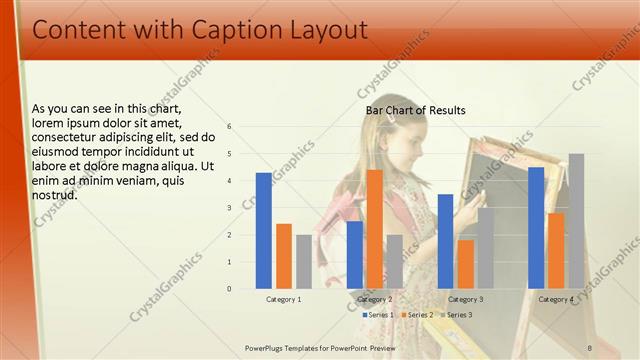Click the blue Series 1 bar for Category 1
[264, 231]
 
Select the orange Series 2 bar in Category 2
[375, 229]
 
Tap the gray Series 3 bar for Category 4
[576, 221]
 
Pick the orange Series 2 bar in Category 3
[465, 264]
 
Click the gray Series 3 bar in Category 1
[304, 261]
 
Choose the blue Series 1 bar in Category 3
[445, 241]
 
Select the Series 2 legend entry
[419, 315]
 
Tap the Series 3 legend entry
[457, 315]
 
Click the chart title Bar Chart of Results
[415, 110]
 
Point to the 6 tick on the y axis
[230, 127]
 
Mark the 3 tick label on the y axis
[230, 208]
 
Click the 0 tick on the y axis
[230, 289]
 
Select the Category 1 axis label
[284, 299]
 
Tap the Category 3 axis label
[465, 299]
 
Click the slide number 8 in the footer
[590, 347]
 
